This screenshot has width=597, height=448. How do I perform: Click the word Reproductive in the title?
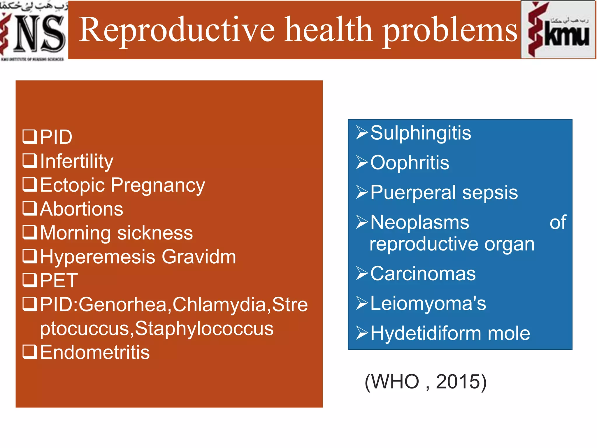click(177, 30)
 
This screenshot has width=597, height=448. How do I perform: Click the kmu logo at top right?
click(558, 30)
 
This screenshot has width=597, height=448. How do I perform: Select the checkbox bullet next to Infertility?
click(29, 161)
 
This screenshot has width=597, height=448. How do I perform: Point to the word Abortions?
click(82, 209)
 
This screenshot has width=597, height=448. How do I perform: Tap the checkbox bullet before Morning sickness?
click(29, 232)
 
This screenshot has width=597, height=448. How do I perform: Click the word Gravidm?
click(199, 257)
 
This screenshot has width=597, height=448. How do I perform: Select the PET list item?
click(59, 281)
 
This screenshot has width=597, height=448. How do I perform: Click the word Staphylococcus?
click(204, 329)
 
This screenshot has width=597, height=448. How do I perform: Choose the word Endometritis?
click(95, 352)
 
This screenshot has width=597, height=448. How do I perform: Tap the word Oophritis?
click(410, 163)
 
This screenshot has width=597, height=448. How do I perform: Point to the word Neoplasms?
click(420, 223)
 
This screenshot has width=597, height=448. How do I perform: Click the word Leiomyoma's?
click(428, 303)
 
